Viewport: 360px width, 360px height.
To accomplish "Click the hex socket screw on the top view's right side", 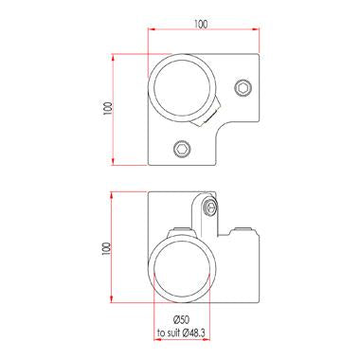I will pyautogui.click(x=244, y=88).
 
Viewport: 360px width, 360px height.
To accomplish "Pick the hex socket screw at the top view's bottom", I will pyautogui.click(x=182, y=147).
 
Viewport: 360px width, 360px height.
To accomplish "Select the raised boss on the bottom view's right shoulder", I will pyautogui.click(x=244, y=232).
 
